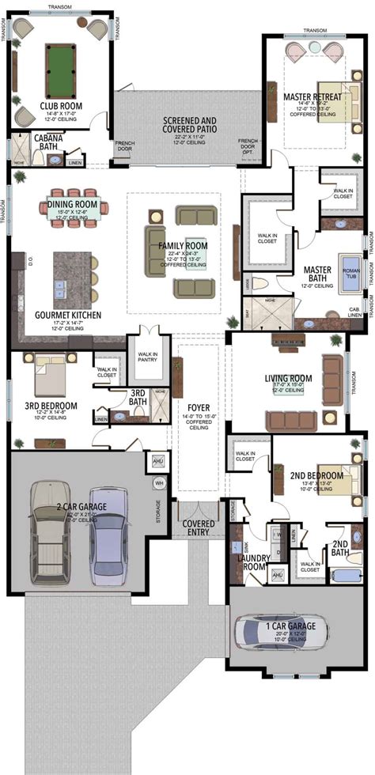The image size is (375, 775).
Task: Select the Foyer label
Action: (x=199, y=409)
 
